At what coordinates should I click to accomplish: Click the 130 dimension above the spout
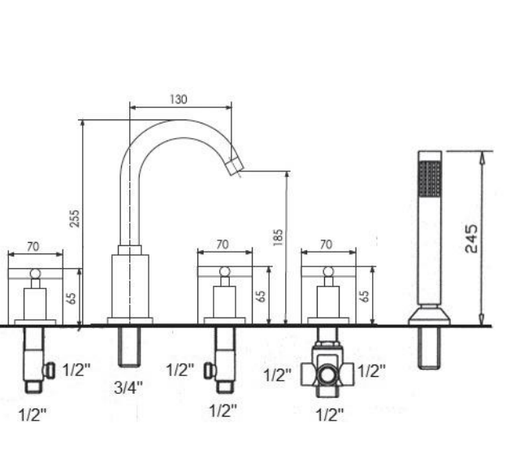click(178, 99)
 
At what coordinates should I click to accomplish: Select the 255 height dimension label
click(75, 218)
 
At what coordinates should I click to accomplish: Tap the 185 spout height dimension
click(278, 237)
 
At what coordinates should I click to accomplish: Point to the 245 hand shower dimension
click(471, 239)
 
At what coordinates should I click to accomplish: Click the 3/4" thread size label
click(128, 387)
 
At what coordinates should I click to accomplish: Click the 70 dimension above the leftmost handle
click(33, 246)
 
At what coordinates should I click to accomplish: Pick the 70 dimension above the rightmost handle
click(326, 244)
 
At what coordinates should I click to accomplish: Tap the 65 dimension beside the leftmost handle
click(71, 298)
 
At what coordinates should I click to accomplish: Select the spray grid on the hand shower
click(430, 178)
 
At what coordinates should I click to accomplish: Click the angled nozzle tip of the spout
click(235, 166)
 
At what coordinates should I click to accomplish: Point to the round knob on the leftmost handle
click(36, 274)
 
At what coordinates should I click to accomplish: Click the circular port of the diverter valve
click(327, 375)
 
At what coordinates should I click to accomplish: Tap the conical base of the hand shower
click(430, 315)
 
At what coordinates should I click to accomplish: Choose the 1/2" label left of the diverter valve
click(277, 375)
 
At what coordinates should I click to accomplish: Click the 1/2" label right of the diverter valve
click(371, 371)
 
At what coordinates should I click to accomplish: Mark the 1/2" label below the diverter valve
click(330, 414)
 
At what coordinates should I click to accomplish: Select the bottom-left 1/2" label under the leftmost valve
click(32, 414)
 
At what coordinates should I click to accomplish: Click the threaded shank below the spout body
click(129, 347)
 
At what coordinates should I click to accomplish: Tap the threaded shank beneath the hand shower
click(429, 348)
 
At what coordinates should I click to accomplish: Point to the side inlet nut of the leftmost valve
click(50, 370)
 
